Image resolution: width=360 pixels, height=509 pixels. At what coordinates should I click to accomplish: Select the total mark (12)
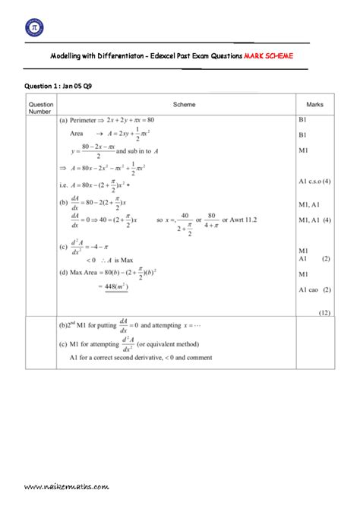(324, 311)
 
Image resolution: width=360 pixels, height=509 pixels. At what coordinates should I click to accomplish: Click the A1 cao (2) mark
(315, 289)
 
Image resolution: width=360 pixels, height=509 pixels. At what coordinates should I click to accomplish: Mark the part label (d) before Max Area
(64, 273)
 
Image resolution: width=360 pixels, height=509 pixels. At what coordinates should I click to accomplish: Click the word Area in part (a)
(76, 133)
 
